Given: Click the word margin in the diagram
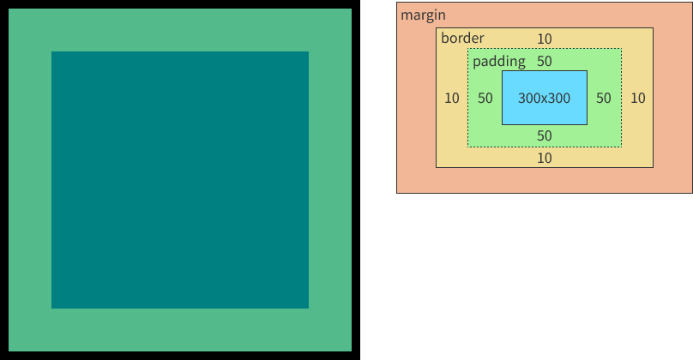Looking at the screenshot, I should (423, 15).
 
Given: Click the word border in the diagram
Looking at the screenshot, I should (462, 39).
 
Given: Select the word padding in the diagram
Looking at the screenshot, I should (499, 62).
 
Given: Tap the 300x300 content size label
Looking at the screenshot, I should (544, 98).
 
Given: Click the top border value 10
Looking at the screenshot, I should (545, 39).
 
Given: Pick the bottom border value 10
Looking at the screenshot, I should (545, 158).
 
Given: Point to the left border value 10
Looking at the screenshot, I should (452, 98).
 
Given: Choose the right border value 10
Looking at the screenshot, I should (637, 98).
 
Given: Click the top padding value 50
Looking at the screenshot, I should (545, 62).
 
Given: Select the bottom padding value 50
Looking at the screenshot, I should (545, 135).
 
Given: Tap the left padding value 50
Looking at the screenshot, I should (485, 98).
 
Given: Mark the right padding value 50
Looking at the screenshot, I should (604, 98).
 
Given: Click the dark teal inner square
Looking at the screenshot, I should (180, 180).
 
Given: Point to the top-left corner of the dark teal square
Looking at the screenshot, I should (51, 51).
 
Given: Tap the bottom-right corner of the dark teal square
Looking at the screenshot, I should (308, 308).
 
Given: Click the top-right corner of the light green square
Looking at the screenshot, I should (351, 9).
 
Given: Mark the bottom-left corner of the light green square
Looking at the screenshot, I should (9, 351).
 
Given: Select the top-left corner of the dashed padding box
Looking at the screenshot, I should (468, 50).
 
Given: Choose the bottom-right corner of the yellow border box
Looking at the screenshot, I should (653, 166).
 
